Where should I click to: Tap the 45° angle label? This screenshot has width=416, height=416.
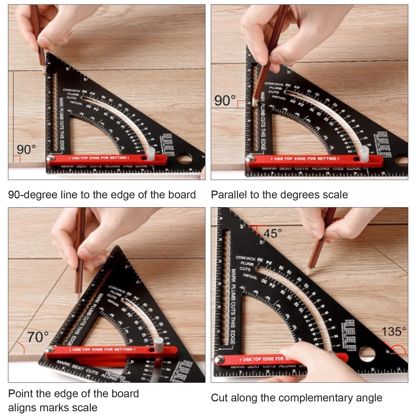point(273,233)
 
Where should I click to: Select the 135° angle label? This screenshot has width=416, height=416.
point(394,332)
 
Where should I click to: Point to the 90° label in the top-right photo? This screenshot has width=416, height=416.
point(225,101)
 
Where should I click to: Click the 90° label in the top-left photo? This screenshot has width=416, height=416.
point(27,150)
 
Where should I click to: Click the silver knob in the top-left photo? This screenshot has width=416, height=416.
point(151,153)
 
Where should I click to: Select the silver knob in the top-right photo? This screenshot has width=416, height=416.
point(364,153)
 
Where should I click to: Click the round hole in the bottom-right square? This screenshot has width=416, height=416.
point(367,354)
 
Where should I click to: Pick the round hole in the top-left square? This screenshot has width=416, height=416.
point(184,158)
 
